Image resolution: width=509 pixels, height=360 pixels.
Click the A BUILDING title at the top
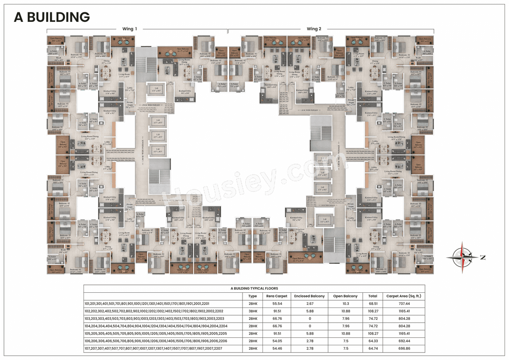[x=52, y=17]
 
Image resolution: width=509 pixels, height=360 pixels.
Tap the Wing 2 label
[x=314, y=29]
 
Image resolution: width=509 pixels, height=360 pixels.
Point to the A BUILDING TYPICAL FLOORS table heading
[x=254, y=288]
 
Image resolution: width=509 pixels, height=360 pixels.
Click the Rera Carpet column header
[x=277, y=296]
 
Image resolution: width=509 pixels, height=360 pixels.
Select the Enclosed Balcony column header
[x=309, y=296]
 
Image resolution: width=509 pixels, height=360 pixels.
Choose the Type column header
[x=253, y=296]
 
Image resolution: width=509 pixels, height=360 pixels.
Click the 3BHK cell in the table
[x=253, y=311]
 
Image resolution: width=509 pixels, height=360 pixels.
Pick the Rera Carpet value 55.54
[x=277, y=304]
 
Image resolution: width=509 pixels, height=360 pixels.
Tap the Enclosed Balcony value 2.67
[x=309, y=304]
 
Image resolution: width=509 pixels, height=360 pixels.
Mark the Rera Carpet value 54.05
[x=277, y=341]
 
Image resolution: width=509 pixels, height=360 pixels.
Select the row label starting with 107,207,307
[x=153, y=348]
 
